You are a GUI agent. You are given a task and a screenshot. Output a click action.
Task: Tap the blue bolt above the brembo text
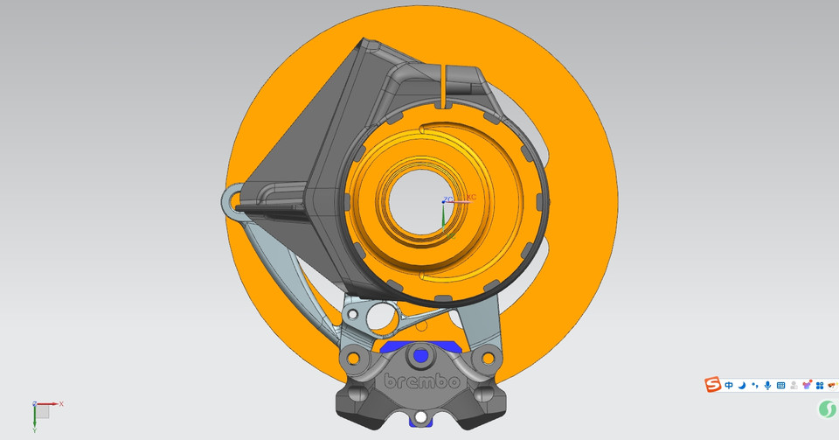click(421, 355)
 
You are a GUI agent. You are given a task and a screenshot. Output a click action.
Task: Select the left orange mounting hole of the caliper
click(352, 359)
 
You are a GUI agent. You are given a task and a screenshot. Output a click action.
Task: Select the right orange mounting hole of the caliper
click(486, 359)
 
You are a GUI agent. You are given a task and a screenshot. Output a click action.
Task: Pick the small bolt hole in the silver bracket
click(352, 312)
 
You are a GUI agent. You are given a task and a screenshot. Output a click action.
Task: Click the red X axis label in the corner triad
click(61, 403)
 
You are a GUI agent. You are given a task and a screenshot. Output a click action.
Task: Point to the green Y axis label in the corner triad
click(34, 430)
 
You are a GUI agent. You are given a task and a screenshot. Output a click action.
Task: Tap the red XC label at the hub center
click(471, 198)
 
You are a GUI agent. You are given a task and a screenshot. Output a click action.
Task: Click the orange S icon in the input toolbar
click(713, 385)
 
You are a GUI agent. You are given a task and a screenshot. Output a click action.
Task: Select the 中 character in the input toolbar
click(729, 386)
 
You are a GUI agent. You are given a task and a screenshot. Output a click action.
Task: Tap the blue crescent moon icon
click(741, 386)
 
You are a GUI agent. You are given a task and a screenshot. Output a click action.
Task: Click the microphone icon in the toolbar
click(767, 386)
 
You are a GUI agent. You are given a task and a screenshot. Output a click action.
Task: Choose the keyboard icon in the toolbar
click(780, 386)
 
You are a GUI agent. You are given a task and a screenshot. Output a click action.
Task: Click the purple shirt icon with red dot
click(807, 385)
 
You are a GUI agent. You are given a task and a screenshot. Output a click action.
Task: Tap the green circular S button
click(827, 409)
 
